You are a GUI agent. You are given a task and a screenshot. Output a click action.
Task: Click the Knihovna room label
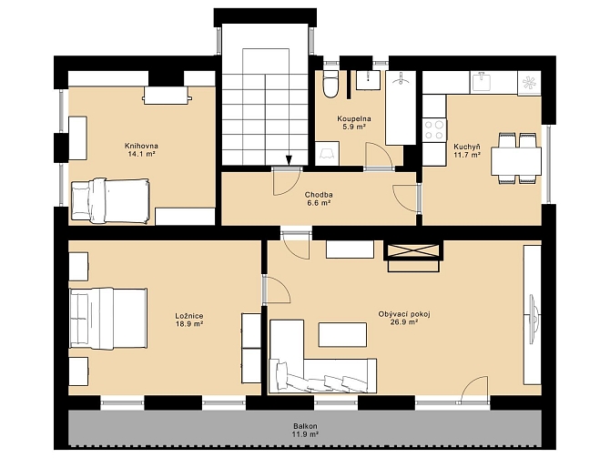point(141,146)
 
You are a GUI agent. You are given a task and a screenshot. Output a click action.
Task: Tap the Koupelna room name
point(354,118)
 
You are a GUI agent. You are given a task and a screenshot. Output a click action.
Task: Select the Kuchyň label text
point(467,147)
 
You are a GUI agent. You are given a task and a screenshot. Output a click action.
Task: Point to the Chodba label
point(319,195)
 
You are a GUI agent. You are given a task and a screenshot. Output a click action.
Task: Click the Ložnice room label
point(189,316)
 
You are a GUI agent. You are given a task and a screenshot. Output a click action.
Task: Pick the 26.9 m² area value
point(404,322)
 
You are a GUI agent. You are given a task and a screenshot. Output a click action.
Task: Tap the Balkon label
point(305,426)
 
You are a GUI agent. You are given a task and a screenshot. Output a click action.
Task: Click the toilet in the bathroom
point(330,84)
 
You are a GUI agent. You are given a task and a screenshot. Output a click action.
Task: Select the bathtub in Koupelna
point(401,107)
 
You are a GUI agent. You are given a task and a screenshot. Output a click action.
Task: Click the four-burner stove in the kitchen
point(434,130)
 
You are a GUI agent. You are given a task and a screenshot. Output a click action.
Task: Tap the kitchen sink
point(482,82)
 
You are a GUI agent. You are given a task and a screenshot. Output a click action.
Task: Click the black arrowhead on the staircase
point(289,159)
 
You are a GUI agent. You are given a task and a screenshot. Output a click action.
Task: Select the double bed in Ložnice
point(108,319)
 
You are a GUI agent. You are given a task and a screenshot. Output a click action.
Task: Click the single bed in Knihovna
point(109,201)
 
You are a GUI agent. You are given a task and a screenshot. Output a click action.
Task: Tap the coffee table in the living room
point(342,334)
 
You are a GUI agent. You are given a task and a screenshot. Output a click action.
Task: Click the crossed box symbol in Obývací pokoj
point(413,250)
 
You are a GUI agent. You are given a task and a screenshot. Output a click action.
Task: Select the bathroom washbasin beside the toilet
point(368,80)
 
